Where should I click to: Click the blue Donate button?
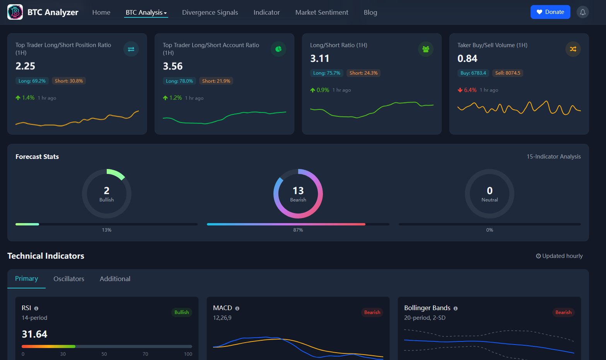tap(550, 12)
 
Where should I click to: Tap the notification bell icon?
tap(582, 12)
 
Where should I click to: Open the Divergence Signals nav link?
tap(210, 12)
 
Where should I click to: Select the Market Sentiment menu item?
tap(321, 12)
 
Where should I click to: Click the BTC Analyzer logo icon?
tap(15, 12)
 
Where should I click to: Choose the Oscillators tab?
tap(69, 279)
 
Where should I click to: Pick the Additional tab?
tap(115, 279)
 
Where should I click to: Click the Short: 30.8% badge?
tap(69, 81)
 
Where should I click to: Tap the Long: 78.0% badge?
tap(179, 81)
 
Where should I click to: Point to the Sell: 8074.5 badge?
tap(507, 73)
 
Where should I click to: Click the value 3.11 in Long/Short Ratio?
tap(319, 58)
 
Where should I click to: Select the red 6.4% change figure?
tap(470, 90)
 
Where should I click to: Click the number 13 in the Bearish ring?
tap(298, 191)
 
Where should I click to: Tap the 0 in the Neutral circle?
tap(490, 191)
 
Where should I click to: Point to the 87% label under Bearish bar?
tap(298, 230)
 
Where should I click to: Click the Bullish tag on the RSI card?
tap(181, 312)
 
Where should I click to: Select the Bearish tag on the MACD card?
tap(372, 312)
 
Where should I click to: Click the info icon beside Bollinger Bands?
tap(456, 309)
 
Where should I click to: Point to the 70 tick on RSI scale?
tap(145, 354)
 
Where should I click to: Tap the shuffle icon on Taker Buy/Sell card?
tap(573, 49)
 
